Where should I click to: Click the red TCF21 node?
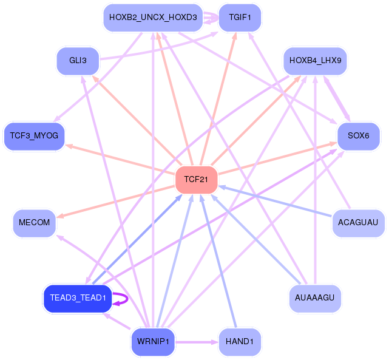tap(196, 180)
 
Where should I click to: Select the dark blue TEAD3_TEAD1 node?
tap(78, 298)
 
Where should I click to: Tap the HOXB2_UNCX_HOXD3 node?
tap(153, 18)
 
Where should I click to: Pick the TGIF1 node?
tap(240, 18)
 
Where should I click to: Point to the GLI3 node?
tap(78, 61)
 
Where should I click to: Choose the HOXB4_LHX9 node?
tap(315, 61)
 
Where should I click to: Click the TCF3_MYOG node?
tap(34, 136)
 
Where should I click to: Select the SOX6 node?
tap(359, 136)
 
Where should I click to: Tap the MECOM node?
tap(34, 223)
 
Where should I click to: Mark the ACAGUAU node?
tap(358, 223)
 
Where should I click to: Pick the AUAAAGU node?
tap(315, 298)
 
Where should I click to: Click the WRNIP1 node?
tap(153, 342)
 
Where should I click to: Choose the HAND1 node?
tap(240, 342)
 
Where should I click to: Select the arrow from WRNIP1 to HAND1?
tap(197, 342)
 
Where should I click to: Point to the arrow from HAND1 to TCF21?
tap(218, 261)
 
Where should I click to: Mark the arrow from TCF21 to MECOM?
tap(116, 202)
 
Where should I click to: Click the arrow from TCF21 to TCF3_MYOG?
tap(120, 158)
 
